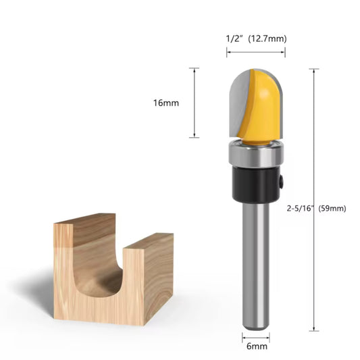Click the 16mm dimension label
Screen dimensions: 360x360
click(165, 103)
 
